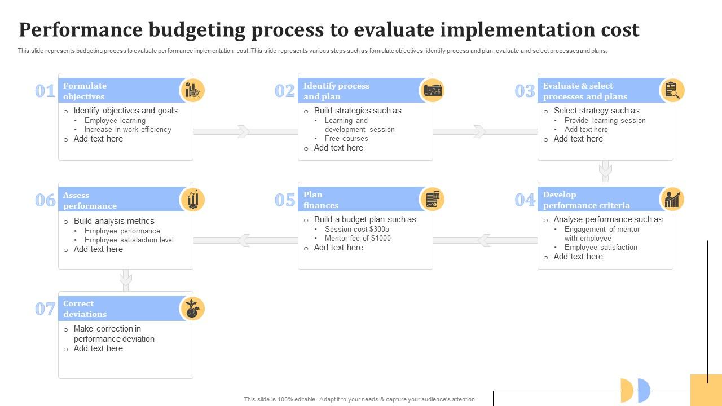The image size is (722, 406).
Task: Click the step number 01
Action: pos(45,91)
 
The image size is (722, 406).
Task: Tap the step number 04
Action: pos(525,200)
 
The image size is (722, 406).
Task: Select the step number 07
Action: pos(45,309)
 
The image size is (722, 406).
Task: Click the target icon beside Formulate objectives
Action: pos(192,90)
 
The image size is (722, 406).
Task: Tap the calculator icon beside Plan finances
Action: pos(433,200)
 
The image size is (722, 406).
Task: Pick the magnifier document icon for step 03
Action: pos(672,90)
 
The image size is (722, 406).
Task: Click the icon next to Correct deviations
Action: pos(192,309)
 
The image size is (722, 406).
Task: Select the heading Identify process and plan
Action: pos(336,91)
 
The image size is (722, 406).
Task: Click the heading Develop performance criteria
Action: pos(586,200)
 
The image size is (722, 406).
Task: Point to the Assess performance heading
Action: pos(90,200)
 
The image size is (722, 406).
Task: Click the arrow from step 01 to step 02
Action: pos(243,131)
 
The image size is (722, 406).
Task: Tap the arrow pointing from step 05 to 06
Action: pos(244,240)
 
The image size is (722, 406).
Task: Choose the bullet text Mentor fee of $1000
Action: pos(358,238)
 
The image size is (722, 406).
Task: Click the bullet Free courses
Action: pos(346,138)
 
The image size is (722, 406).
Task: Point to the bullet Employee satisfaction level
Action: pos(129,240)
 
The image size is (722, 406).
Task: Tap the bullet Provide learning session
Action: pos(605,120)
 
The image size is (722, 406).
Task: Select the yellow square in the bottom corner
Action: pos(706,390)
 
